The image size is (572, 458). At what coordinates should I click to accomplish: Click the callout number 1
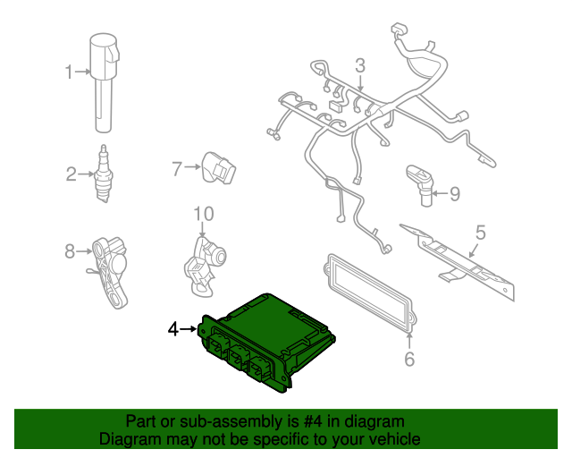pyautogui.click(x=69, y=72)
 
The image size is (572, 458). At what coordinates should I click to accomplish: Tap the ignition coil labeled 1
pyautogui.click(x=105, y=82)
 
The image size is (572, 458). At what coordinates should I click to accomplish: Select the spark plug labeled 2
pyautogui.click(x=104, y=174)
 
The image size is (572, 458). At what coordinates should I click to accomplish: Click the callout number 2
pyautogui.click(x=71, y=174)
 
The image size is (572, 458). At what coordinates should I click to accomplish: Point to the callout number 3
pyautogui.click(x=360, y=65)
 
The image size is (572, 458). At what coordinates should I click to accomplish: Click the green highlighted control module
pyautogui.click(x=266, y=343)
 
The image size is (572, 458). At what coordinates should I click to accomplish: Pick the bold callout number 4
pyautogui.click(x=173, y=329)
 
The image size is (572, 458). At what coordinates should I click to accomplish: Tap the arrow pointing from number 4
pyautogui.click(x=189, y=329)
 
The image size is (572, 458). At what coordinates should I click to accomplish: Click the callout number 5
pyautogui.click(x=481, y=233)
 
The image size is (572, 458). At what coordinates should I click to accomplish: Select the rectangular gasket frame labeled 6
pyautogui.click(x=369, y=293)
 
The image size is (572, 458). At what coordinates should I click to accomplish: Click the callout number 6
pyautogui.click(x=409, y=359)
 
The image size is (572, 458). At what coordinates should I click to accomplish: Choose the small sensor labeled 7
pyautogui.click(x=218, y=168)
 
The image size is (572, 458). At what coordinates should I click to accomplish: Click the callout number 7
pyautogui.click(x=177, y=169)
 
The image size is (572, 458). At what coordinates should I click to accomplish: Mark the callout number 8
pyautogui.click(x=70, y=251)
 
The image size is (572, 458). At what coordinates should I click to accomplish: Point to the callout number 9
pyautogui.click(x=455, y=193)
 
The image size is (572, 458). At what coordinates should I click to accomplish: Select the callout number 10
pyautogui.click(x=203, y=214)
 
